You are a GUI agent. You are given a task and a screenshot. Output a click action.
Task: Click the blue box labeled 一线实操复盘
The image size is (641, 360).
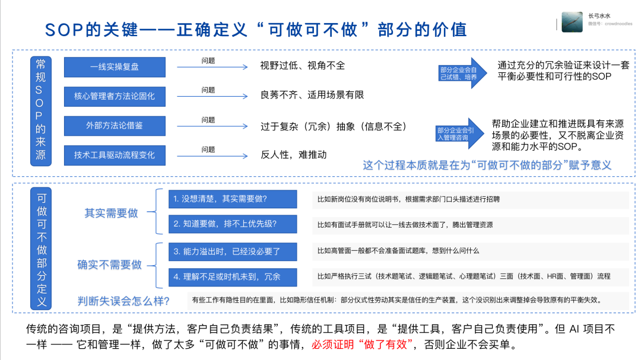pos(114,67)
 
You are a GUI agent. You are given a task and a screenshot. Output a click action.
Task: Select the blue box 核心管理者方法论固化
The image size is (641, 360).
pos(114,95)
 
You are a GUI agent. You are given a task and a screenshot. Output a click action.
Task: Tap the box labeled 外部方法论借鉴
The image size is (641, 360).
pos(114,125)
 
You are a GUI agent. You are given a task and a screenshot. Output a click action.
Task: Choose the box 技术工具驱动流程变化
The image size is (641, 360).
pos(114,154)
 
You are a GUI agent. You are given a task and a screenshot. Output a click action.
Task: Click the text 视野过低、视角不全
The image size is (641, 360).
pos(302,65)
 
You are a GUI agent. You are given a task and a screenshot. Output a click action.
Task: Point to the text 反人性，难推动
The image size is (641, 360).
pos(293,154)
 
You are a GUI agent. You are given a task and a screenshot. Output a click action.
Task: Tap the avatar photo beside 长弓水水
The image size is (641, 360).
pos(572,22)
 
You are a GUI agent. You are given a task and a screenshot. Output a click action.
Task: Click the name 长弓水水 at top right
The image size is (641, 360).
pos(601,16)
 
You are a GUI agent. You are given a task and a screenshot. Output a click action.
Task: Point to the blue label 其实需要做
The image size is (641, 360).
pos(111,212)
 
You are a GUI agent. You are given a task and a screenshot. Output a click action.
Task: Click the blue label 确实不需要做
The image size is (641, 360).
pos(110,265)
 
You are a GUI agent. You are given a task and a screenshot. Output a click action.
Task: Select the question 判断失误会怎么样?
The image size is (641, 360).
pos(123,301)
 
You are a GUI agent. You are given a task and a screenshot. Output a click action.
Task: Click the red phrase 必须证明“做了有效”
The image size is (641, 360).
pos(361,344)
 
